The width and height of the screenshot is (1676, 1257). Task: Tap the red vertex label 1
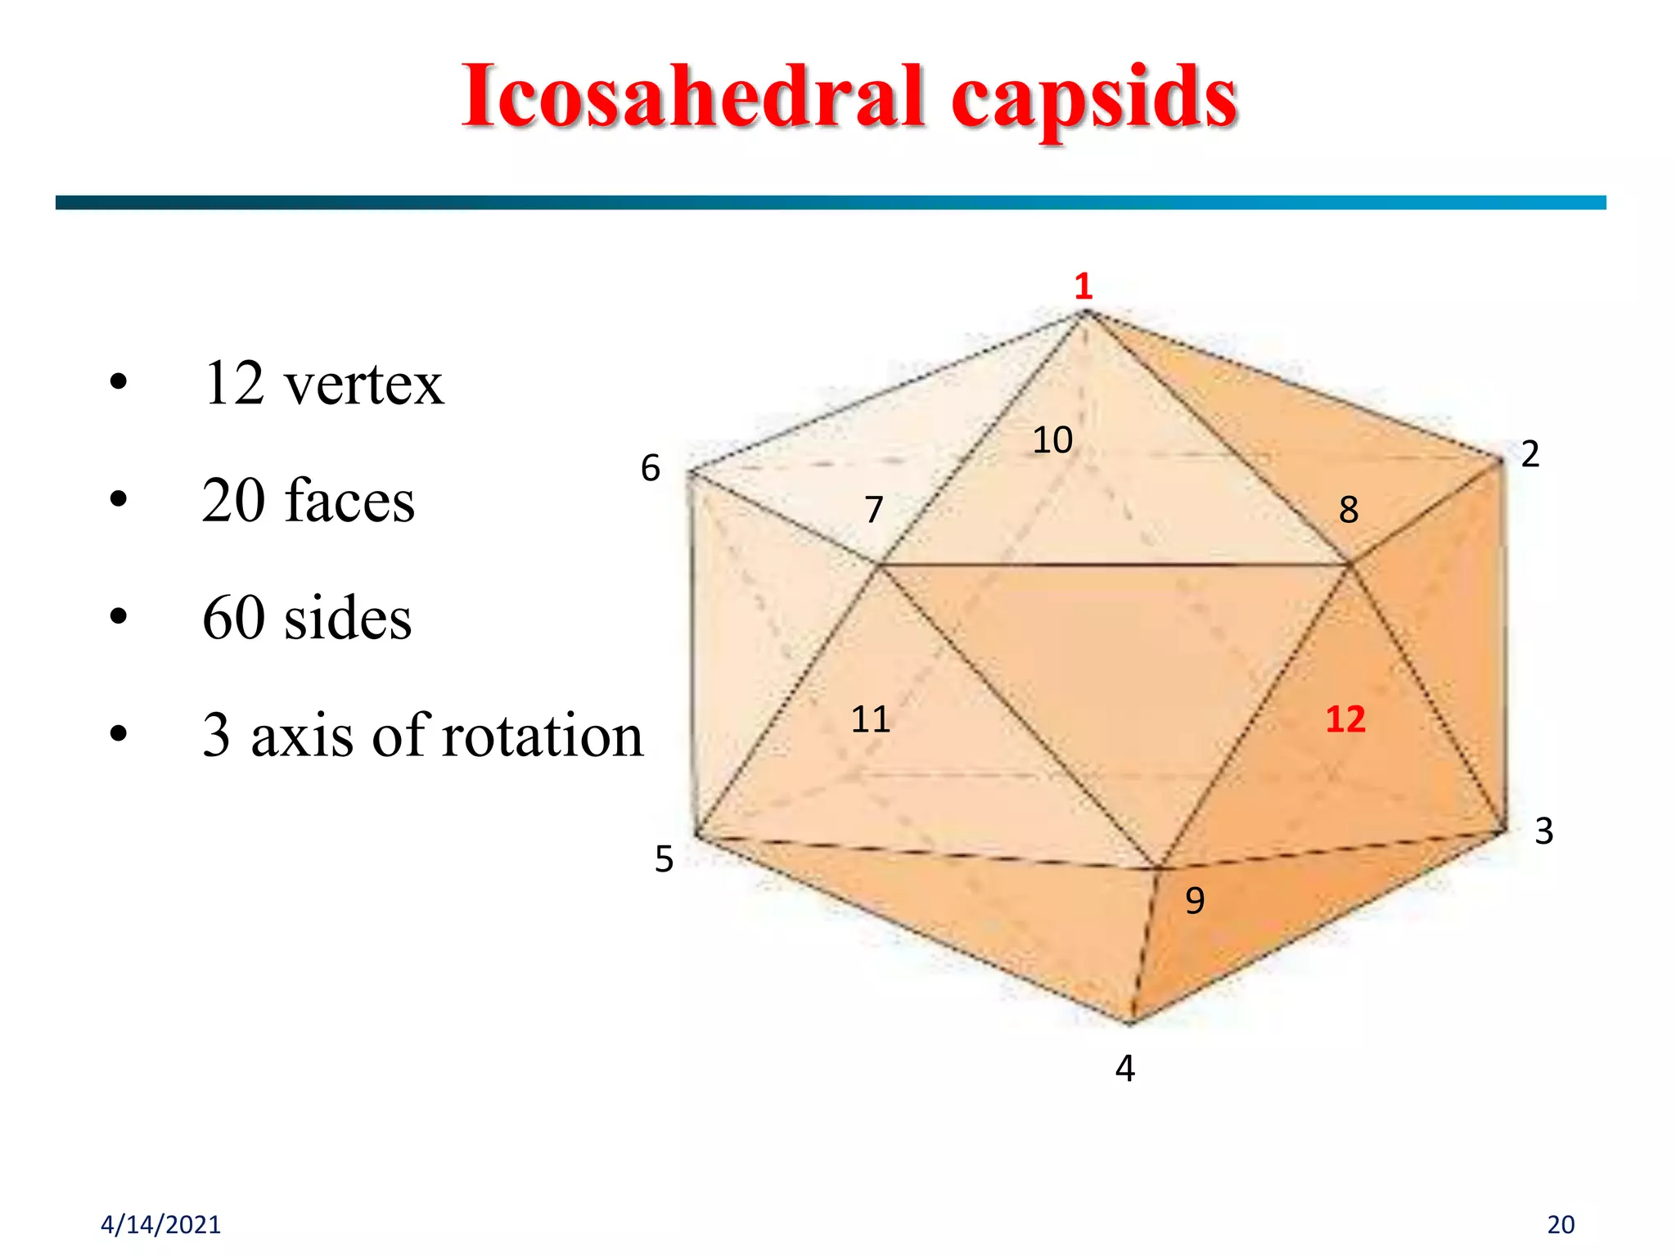tap(1084, 286)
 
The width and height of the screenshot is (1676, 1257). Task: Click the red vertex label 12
tap(1345, 719)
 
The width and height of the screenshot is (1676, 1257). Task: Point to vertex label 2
tap(1530, 454)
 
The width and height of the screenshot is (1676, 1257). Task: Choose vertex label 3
tap(1543, 831)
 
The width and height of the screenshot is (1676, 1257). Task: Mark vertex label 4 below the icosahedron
tap(1125, 1069)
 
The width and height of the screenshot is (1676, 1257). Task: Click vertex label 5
tap(664, 859)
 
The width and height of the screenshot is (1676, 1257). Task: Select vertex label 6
tap(651, 468)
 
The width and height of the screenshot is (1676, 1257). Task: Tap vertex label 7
tap(874, 510)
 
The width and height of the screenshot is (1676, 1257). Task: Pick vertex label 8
tap(1349, 510)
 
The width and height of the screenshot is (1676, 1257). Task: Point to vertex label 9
tap(1195, 901)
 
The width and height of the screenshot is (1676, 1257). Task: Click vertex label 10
tap(1052, 440)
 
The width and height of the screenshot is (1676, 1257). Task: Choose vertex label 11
tap(870, 719)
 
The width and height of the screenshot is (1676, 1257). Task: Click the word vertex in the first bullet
tap(363, 385)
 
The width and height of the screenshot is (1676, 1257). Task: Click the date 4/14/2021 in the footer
tap(160, 1224)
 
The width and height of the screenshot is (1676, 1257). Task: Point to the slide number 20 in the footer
tap(1561, 1224)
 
